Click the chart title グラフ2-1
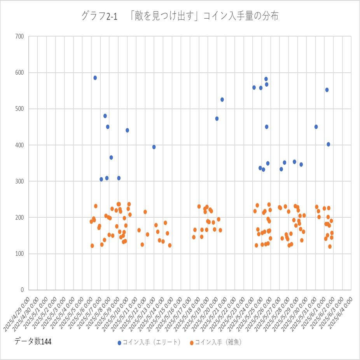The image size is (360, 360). (x=180, y=16)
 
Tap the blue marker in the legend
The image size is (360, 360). (x=120, y=343)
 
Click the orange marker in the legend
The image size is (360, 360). (x=192, y=343)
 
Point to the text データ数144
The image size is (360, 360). (x=33, y=342)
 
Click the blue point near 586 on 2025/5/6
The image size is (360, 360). (x=95, y=78)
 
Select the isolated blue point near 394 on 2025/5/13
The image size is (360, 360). (x=154, y=147)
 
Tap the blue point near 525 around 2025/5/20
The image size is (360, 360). (x=222, y=100)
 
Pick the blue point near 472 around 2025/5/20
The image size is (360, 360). (x=217, y=119)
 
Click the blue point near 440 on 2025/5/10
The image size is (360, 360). (x=127, y=130)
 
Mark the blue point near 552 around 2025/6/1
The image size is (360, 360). (x=327, y=90)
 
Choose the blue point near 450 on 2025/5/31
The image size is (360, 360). (x=316, y=127)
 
